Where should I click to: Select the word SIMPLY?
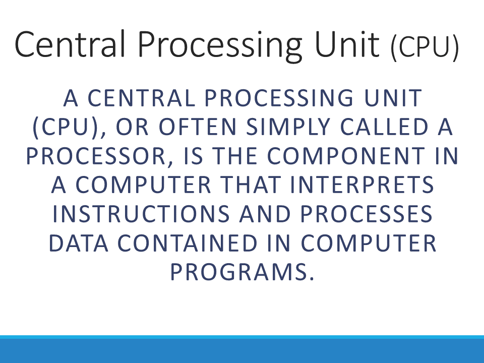coord(288,127)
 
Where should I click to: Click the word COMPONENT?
coord(346,156)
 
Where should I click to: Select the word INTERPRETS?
coord(362,185)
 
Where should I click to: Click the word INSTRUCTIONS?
coord(141,214)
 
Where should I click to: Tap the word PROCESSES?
coord(367,214)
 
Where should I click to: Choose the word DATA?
coord(79,243)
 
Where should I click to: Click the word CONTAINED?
coord(188,243)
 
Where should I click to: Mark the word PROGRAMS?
coord(242,272)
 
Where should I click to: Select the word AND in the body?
coord(265,214)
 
